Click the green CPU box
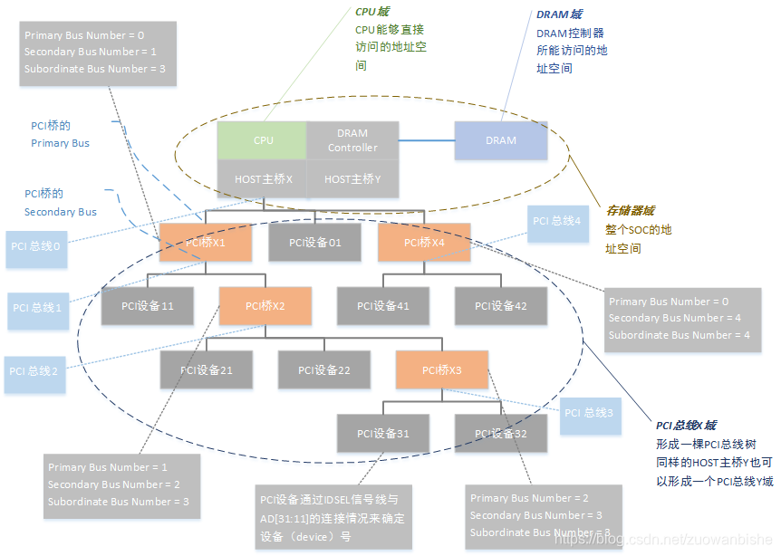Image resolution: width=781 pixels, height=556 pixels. coord(262,140)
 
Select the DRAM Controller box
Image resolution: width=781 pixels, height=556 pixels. coord(352,140)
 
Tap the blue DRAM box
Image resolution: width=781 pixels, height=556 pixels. coord(500,140)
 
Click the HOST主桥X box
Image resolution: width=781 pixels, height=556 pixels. coord(262,178)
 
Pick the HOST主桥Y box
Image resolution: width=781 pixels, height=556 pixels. coord(352,178)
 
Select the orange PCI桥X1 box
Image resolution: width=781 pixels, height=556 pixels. coord(205,242)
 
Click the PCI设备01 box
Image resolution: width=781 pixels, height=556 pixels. coord(314,242)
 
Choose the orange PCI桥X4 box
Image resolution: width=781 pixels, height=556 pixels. coord(423,242)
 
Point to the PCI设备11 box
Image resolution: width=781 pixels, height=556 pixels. coord(146,306)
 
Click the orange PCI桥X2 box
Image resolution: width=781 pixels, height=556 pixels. coord(265,306)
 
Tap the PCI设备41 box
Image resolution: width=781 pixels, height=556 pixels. coord(383,306)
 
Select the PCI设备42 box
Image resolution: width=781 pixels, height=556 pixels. coord(501,306)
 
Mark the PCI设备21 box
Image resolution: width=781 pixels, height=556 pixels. coord(206,369)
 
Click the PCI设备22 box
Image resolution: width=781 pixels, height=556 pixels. coord(323,369)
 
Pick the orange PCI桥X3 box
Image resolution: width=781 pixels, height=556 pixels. coord(442,369)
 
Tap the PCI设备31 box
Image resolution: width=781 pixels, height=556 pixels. coord(383,433)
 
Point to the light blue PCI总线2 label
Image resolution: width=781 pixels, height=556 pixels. coord(35,371)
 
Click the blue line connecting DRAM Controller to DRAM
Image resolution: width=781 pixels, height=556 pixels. coord(426,139)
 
